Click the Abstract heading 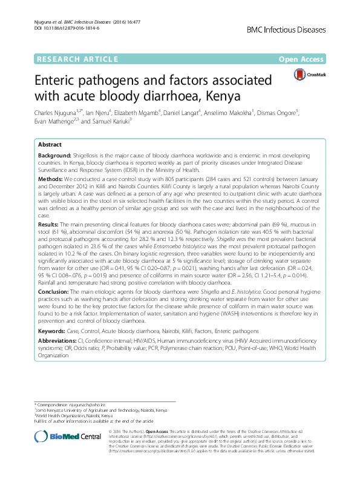(x=50, y=145)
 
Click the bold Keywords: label (x=53, y=332)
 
